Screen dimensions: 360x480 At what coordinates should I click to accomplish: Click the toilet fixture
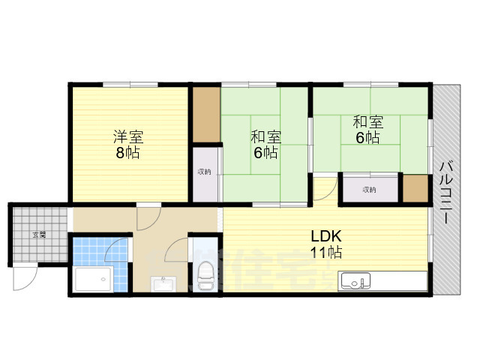205,277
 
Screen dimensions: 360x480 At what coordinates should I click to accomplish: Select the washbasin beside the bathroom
163,284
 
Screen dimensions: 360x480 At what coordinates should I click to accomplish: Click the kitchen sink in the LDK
354,282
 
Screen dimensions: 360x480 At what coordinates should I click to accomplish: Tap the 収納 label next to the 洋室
205,172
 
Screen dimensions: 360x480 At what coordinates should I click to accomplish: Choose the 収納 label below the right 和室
369,189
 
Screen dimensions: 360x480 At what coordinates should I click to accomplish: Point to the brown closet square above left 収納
205,115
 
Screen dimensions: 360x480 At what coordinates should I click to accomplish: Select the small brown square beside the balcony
415,189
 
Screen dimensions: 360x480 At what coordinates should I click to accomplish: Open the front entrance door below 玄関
24,277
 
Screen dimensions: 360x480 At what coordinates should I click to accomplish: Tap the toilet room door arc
178,249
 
